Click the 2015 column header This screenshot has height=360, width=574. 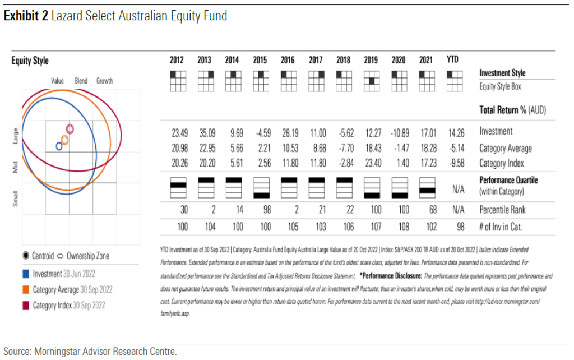tap(260, 61)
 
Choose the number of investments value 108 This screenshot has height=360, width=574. tap(398, 227)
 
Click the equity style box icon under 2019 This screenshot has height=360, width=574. tap(371, 81)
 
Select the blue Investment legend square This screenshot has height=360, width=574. tap(25, 274)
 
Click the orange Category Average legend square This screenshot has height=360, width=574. tap(25, 290)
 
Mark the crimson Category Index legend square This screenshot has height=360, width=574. tap(25, 306)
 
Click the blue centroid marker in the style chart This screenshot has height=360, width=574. tap(59, 146)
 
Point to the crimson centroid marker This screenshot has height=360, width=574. tap(70, 129)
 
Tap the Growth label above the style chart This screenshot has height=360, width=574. tap(104, 81)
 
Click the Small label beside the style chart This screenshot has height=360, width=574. tap(16, 198)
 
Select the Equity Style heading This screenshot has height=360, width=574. tap(30, 61)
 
